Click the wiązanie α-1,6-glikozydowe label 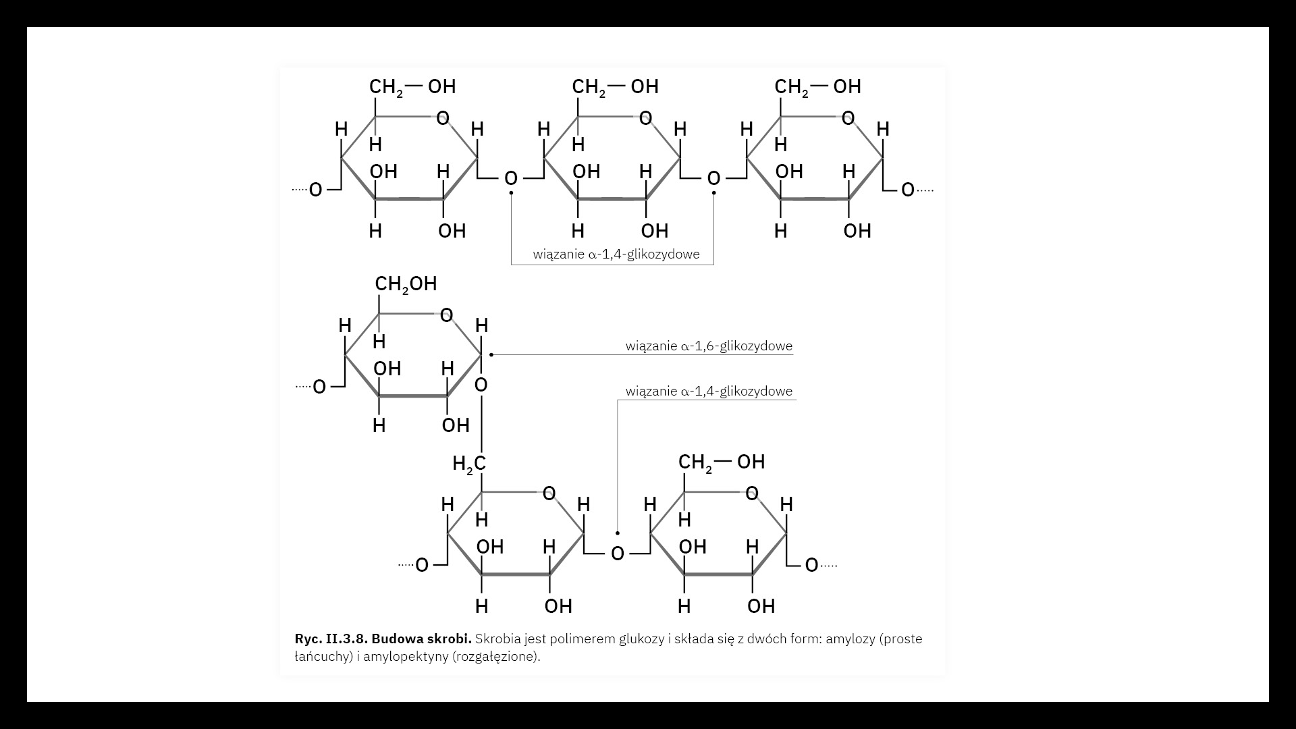point(709,346)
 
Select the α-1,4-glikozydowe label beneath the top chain point(616,254)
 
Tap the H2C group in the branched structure point(469,464)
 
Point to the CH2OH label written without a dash point(406,284)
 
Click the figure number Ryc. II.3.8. point(330,639)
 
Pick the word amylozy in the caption point(850,639)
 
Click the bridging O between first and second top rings point(511,179)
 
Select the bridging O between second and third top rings point(713,179)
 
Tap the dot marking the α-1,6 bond point(491,354)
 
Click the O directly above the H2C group point(481,385)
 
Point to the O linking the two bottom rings point(617,554)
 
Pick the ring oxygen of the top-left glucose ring point(443,119)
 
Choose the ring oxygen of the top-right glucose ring point(848,119)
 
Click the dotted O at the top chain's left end point(315,190)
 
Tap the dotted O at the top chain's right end point(908,190)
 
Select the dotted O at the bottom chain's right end point(811,565)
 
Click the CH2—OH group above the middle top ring point(615,87)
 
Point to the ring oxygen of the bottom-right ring point(752,494)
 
